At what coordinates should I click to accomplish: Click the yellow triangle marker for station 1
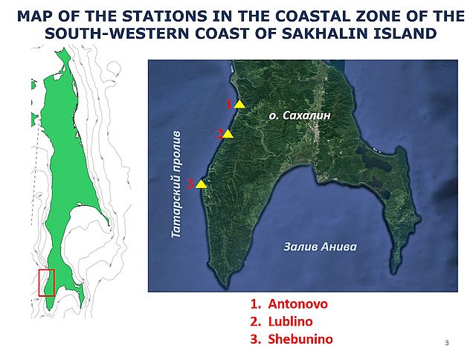[x=239, y=104]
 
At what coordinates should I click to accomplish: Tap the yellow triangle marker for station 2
[x=228, y=134]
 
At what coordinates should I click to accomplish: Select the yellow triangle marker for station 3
[x=201, y=184]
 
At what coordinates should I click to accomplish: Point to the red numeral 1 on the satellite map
[x=229, y=104]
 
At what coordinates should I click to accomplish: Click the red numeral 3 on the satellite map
[x=190, y=184]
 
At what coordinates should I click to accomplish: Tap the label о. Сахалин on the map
[x=300, y=115]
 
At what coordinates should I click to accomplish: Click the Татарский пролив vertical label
[x=176, y=185]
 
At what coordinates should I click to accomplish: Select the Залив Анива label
[x=321, y=247]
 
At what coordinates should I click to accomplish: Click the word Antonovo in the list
[x=297, y=304]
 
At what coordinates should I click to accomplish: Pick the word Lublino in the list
[x=290, y=321]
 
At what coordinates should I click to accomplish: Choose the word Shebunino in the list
[x=300, y=339]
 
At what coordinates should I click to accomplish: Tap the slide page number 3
[x=446, y=343]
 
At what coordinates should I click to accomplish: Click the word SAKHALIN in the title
[x=325, y=33]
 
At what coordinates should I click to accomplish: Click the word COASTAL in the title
[x=312, y=16]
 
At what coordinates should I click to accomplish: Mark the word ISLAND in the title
[x=405, y=33]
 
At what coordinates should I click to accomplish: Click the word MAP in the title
[x=35, y=16]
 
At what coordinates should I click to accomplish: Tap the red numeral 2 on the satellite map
[x=220, y=134]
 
